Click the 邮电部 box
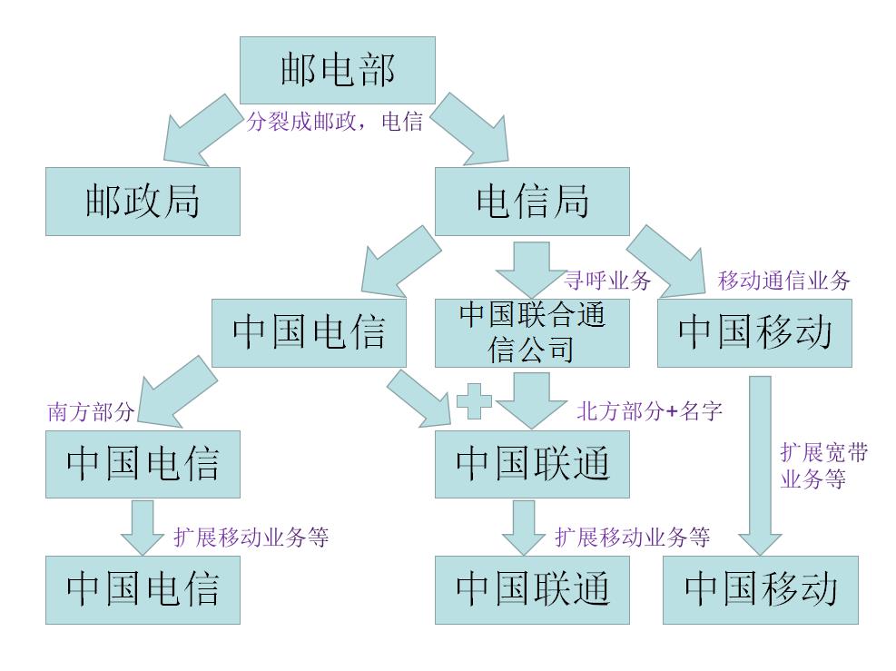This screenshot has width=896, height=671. (x=337, y=70)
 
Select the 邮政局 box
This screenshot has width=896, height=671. (x=143, y=202)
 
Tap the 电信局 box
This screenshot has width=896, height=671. (x=532, y=202)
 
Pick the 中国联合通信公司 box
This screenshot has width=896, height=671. (x=531, y=332)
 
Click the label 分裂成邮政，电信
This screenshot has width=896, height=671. (x=335, y=122)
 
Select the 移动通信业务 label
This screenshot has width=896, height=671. (x=783, y=281)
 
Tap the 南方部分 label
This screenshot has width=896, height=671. (x=91, y=412)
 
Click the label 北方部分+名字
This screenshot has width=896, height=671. (x=650, y=411)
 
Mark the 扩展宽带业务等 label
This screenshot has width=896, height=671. (x=823, y=466)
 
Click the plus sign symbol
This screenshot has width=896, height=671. (x=474, y=401)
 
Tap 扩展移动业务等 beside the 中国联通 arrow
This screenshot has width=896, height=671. (x=632, y=537)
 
